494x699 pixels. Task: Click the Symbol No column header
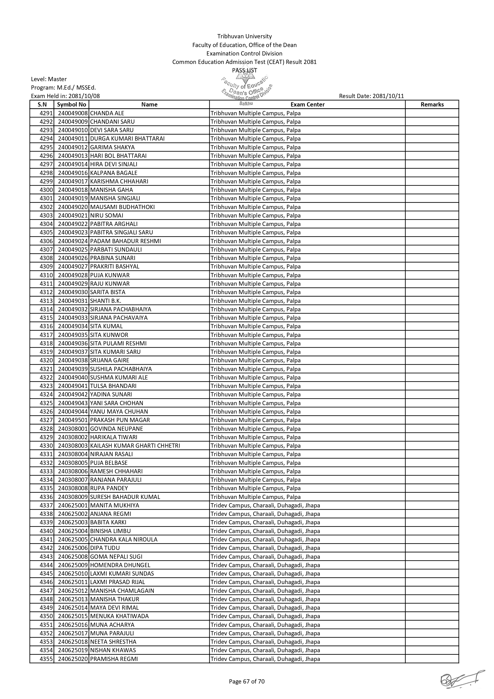pos(72,105)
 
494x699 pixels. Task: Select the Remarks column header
pos(432,105)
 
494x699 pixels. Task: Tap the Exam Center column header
pos(308,105)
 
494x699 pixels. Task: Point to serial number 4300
pos(46,190)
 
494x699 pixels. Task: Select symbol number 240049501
pos(73,420)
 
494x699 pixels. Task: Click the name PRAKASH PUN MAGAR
pos(120,420)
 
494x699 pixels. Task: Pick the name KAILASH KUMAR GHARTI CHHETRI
pos(135,446)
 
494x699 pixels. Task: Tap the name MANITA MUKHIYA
pos(114,505)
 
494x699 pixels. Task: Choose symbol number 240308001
pos(73,429)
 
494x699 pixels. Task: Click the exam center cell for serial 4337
pos(265,505)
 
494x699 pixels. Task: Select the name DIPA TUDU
pos(105,548)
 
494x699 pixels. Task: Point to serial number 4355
pos(46,659)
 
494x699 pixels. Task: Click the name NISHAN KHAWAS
pos(113,650)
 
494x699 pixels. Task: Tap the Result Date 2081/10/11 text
pos(371,96)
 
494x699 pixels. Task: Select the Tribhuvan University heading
pos(244,36)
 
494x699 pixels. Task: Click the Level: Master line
pos(49,79)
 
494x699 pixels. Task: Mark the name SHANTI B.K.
pos(106,301)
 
